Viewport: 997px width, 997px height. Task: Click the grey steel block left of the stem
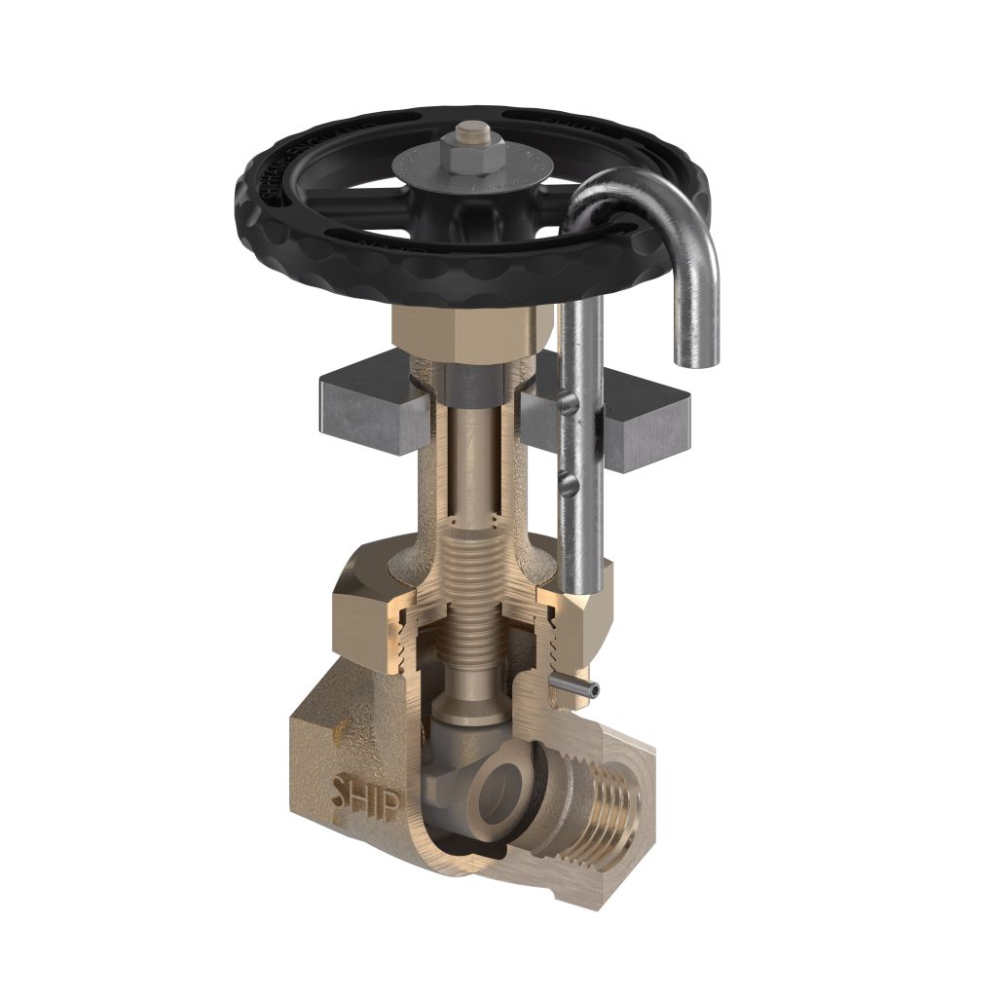365,404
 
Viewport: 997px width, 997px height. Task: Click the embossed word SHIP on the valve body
367,789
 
